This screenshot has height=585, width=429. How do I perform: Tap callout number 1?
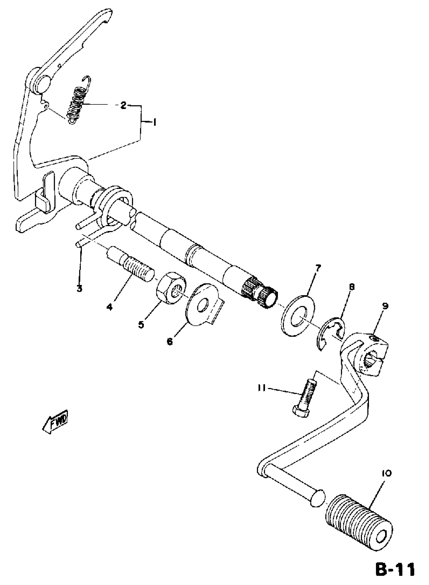154,122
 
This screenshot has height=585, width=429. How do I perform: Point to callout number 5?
141,324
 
